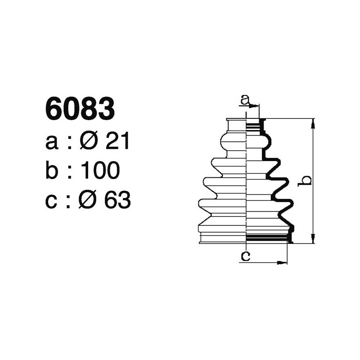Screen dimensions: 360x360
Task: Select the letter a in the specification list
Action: (x=52, y=143)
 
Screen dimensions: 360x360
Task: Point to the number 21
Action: (x=117, y=141)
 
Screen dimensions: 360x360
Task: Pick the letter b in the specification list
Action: (x=52, y=171)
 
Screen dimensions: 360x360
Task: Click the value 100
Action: (x=100, y=171)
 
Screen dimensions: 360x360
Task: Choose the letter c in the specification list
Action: (x=52, y=201)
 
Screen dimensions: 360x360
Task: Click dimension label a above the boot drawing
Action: (x=245, y=100)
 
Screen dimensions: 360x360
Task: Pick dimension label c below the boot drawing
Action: (x=245, y=256)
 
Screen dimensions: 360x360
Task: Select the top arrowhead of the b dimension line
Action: (x=313, y=122)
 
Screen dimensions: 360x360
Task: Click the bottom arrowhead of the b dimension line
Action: (x=313, y=239)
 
